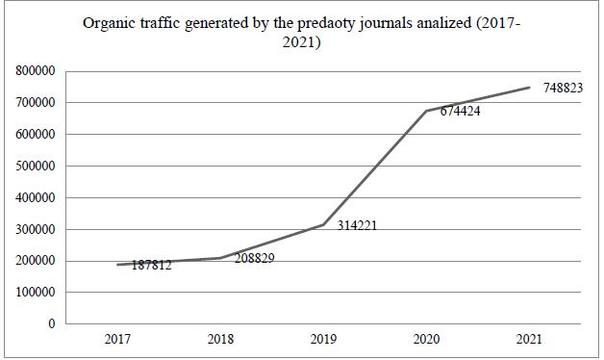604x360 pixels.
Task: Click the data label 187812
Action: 151,266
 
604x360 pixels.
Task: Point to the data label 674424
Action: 460,112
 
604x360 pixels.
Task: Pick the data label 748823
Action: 563,88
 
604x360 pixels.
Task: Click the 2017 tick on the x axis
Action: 118,340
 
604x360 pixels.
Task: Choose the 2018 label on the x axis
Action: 221,340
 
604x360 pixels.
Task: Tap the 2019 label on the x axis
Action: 323,340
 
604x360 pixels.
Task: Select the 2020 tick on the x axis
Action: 426,340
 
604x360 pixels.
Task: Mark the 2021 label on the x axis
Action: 529,340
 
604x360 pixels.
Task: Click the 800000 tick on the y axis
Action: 35,71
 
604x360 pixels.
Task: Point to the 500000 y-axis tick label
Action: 35,166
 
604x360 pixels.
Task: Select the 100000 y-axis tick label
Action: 35,293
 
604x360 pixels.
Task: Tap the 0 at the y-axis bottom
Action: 51,324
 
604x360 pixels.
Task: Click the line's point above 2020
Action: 426,111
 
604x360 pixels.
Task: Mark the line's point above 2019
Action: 323,224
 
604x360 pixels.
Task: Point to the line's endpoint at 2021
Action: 529,88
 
